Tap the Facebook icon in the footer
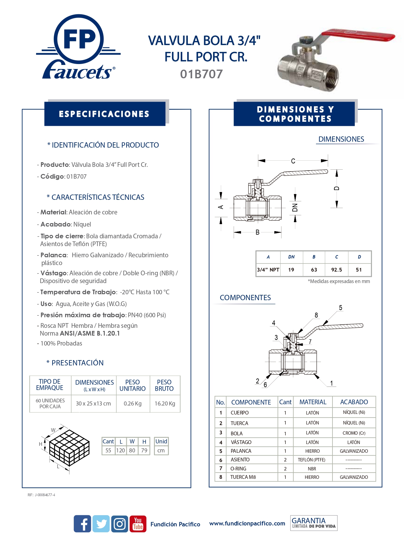click(82, 524)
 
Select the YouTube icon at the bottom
click(138, 524)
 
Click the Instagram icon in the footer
click(119, 524)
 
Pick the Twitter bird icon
click(101, 524)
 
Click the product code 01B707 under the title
click(201, 74)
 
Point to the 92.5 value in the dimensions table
click(337, 270)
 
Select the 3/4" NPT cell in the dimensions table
click(268, 270)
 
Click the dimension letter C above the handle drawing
click(293, 161)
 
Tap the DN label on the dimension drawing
click(295, 208)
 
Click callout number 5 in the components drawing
click(341, 308)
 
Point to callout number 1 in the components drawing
click(332, 383)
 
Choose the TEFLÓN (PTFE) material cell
click(312, 460)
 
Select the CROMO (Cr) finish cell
click(354, 433)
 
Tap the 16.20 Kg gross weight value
click(165, 404)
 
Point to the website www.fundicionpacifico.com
click(247, 524)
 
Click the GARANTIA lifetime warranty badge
click(313, 523)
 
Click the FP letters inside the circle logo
click(79, 40)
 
